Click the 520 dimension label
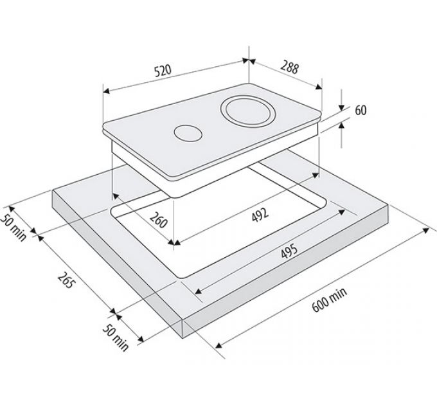coord(163,71)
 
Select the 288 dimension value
coord(290,67)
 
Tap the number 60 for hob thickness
coord(361,111)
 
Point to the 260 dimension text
coord(158,220)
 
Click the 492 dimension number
coord(260,215)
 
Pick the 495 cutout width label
coord(289,251)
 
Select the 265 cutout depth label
coord(66,280)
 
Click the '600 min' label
coord(330,300)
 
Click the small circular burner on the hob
coord(188,132)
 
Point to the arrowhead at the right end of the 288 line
coord(319,87)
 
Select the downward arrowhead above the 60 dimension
coord(342,107)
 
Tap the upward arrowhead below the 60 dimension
coord(342,126)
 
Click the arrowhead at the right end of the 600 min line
coord(426,230)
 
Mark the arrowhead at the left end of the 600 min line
coord(219,346)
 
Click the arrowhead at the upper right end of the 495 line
coord(342,212)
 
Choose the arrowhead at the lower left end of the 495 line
coord(198,291)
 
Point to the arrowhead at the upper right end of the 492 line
coord(316,175)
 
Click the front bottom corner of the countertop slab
coord(183,339)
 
